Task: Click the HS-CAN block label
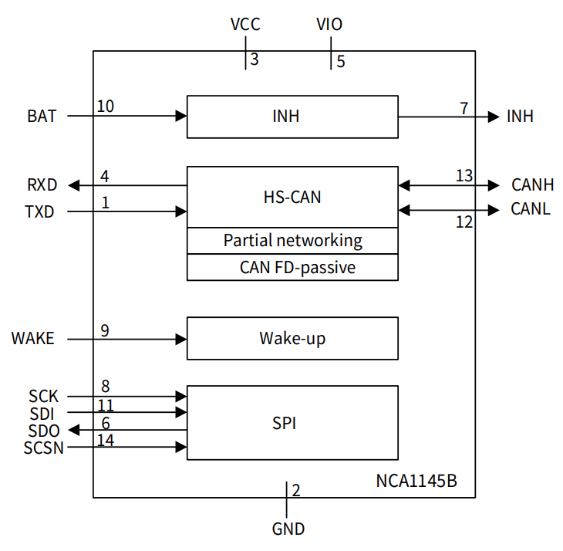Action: [x=292, y=197]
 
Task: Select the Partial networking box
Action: [x=292, y=241]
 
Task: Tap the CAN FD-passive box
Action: [x=292, y=267]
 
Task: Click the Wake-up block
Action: [x=292, y=338]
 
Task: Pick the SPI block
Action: [x=292, y=423]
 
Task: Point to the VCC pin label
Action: [x=245, y=25]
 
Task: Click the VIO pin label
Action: [x=329, y=25]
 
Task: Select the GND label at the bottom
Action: [x=288, y=529]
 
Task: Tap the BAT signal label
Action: [x=42, y=117]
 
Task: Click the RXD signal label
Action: [x=41, y=185]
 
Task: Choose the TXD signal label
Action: [x=40, y=211]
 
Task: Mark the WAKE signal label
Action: [x=33, y=338]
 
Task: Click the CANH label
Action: [x=532, y=185]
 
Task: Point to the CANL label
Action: [x=531, y=209]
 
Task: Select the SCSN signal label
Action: [x=44, y=448]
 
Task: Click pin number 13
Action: [x=464, y=176]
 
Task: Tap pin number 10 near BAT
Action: [x=106, y=106]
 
